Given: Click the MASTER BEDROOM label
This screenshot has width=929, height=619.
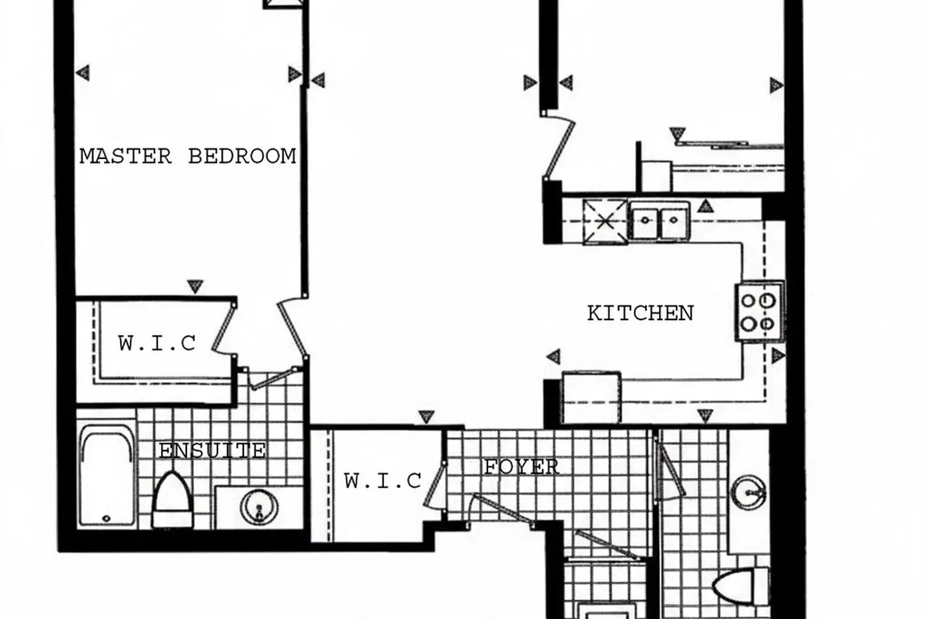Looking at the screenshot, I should tap(188, 156).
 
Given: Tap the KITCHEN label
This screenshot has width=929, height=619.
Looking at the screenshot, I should tap(640, 313).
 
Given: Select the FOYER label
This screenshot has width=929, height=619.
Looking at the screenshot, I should tap(521, 467).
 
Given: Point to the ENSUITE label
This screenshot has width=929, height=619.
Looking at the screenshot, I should tap(212, 451).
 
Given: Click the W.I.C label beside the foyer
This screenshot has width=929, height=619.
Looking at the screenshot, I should tap(383, 480).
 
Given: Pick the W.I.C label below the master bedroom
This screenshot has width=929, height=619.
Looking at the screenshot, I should tap(157, 343).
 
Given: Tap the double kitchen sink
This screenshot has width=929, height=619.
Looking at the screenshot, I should tap(660, 219).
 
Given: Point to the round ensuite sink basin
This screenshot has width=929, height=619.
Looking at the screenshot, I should tap(258, 508).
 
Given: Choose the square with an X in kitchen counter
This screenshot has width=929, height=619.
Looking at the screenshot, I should tap(605, 221).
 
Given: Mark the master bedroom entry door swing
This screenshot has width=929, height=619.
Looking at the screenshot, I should tap(292, 328).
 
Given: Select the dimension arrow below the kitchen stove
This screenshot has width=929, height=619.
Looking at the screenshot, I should tap(778, 355).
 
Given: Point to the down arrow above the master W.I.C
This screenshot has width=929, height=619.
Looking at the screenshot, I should tap(195, 286).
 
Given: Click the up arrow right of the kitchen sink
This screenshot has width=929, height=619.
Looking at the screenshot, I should tap(705, 206).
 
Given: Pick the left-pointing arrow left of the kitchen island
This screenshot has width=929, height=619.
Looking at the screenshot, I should tap(553, 356).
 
